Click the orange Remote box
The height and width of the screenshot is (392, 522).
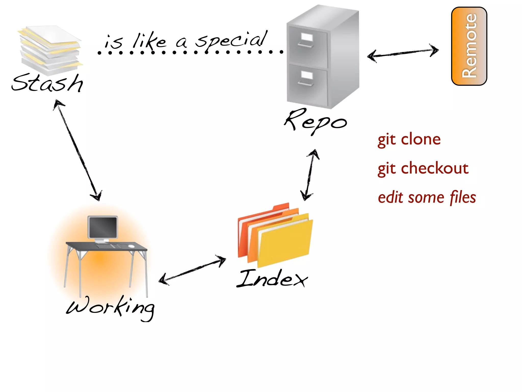[x=469, y=46]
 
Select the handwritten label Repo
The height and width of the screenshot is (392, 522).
[x=316, y=121]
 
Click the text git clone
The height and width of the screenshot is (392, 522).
[x=409, y=140]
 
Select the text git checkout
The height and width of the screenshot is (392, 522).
[x=423, y=168]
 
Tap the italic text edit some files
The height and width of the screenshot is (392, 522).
[x=427, y=198]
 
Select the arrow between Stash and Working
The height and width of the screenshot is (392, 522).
[x=78, y=151]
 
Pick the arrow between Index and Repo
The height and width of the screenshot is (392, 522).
[x=310, y=175]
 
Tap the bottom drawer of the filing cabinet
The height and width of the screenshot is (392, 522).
[x=307, y=84]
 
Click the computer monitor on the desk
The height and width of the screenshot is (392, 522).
[x=103, y=227]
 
